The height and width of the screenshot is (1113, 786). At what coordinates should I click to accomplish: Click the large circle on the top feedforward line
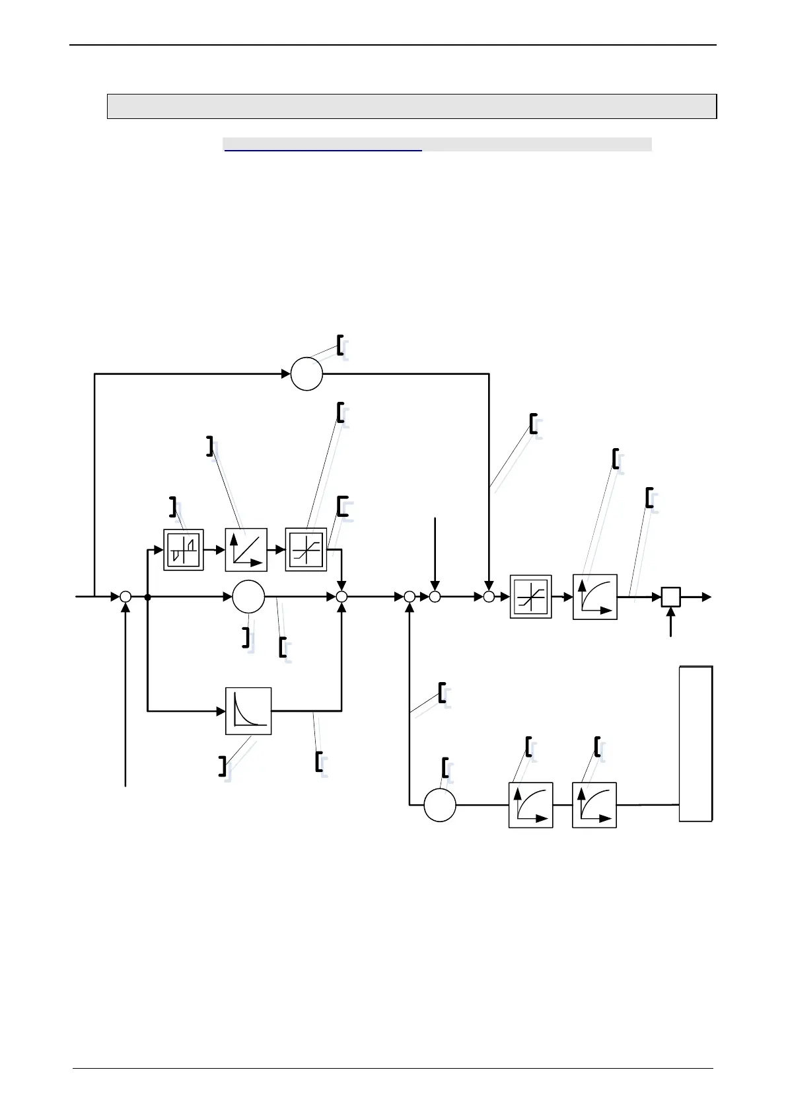306,374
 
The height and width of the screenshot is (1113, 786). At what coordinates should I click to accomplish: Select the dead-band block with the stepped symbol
183,549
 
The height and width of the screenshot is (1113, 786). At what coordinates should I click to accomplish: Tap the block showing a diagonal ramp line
246,549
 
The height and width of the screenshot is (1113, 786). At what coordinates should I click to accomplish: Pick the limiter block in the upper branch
306,549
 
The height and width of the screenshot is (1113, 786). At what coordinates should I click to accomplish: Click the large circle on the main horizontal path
248,597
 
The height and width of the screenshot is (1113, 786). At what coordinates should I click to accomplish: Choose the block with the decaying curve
248,711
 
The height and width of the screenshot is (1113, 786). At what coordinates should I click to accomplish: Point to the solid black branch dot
147,597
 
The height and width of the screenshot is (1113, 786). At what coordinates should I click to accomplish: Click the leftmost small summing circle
125,597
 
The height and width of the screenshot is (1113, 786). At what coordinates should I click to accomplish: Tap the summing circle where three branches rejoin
341,597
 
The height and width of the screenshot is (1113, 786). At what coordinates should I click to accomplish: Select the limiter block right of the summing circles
530,597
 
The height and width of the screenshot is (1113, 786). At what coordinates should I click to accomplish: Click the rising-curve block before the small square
594,597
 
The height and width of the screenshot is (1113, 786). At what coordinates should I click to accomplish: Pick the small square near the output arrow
671,597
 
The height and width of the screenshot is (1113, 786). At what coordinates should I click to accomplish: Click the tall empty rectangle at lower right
696,744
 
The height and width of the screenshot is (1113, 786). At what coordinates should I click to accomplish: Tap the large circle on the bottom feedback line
439,805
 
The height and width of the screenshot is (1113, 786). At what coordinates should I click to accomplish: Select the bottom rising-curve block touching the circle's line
530,805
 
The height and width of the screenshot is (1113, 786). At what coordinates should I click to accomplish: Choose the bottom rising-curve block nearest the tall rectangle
594,805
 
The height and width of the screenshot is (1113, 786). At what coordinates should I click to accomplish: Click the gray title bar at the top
411,106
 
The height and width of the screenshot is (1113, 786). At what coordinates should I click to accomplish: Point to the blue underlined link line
323,150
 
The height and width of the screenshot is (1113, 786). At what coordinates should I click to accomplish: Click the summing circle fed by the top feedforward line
489,597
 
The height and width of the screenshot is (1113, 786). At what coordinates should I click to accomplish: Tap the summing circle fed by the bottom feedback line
410,597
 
